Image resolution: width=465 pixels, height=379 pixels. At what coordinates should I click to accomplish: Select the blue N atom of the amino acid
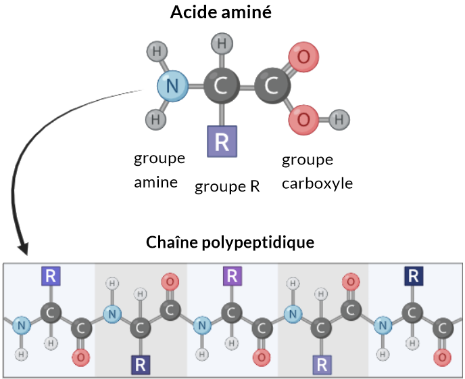(x=172, y=86)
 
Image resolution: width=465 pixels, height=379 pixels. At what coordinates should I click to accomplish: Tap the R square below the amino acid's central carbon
(x=222, y=141)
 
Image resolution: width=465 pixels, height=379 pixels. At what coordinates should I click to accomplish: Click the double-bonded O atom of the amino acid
(x=303, y=57)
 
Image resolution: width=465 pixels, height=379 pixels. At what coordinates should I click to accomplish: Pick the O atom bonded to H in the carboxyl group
(x=303, y=120)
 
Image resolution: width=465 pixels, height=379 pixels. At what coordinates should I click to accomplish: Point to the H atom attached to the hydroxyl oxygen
(x=339, y=120)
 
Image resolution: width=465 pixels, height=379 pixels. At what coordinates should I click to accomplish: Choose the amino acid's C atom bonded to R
(x=222, y=86)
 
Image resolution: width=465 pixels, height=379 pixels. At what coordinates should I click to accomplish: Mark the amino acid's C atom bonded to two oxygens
(x=272, y=86)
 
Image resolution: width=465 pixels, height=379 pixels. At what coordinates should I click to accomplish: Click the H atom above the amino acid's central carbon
(x=222, y=44)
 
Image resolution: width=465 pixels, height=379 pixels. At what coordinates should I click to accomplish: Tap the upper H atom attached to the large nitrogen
(x=157, y=51)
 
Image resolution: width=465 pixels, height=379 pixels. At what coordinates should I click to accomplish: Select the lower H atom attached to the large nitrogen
(x=155, y=119)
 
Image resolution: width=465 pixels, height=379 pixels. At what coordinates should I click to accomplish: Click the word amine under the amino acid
(x=155, y=182)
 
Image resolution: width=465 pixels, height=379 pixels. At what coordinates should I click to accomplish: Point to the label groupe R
(x=227, y=187)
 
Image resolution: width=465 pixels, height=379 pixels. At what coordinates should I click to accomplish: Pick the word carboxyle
(x=317, y=184)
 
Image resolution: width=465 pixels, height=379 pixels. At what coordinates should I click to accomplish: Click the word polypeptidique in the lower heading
(x=258, y=243)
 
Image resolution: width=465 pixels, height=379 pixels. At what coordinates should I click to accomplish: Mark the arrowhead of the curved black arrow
(x=23, y=249)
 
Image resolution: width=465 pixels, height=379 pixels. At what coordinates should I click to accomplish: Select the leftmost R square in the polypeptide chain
(x=51, y=276)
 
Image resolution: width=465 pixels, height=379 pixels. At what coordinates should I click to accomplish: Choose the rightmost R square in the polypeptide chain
(x=414, y=276)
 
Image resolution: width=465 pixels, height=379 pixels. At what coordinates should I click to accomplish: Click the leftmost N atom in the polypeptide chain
(x=22, y=326)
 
